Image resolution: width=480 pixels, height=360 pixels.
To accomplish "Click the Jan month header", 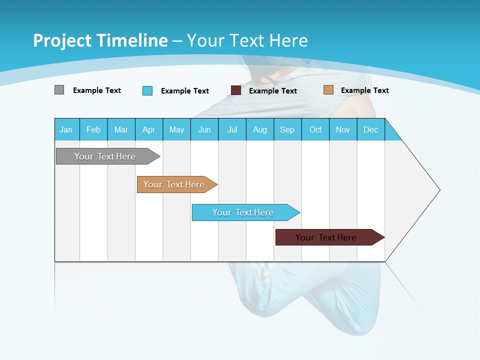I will pyautogui.click(x=66, y=129).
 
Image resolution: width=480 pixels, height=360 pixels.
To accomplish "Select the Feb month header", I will pyautogui.click(x=93, y=129).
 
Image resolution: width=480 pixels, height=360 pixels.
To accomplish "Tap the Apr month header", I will pyautogui.click(x=148, y=129).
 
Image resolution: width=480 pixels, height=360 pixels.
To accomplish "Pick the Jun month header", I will pyautogui.click(x=204, y=129).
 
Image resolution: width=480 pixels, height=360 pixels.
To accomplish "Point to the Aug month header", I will pyautogui.click(x=260, y=129).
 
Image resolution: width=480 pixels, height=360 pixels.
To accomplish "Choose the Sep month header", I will pyautogui.click(x=287, y=129).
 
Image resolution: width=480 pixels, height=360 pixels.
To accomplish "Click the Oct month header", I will pyautogui.click(x=315, y=129).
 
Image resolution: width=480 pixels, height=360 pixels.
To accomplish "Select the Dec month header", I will pyautogui.click(x=370, y=129).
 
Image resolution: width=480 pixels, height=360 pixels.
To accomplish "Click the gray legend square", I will pyautogui.click(x=59, y=90).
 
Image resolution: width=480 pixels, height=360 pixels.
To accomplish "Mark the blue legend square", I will pyautogui.click(x=147, y=90).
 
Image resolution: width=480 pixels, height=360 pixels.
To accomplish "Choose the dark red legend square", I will pyautogui.click(x=236, y=90).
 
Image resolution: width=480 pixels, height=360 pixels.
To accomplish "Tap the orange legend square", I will pyautogui.click(x=328, y=90).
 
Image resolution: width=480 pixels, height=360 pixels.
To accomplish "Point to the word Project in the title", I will pyautogui.click(x=62, y=40).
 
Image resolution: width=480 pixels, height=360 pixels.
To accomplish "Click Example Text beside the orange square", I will pyautogui.click(x=364, y=90).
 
